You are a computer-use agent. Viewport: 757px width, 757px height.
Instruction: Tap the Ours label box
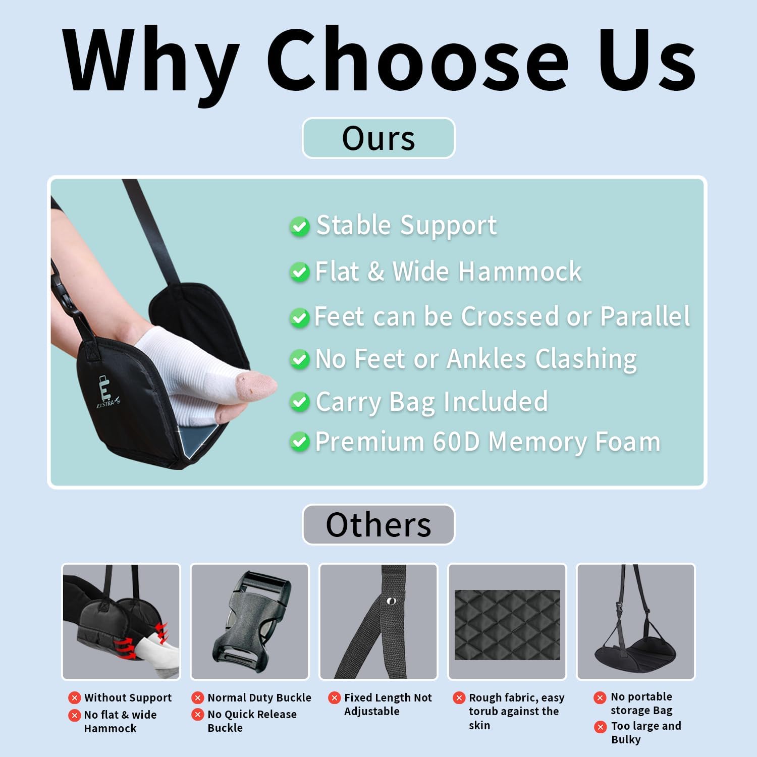pyautogui.click(x=379, y=138)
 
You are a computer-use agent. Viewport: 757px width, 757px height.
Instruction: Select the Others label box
pyautogui.click(x=379, y=525)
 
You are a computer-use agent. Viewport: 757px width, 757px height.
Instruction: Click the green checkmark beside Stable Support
pyautogui.click(x=300, y=227)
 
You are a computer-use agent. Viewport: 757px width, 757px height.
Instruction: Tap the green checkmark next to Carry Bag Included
pyautogui.click(x=300, y=402)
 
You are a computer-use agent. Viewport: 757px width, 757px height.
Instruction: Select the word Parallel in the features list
pyautogui.click(x=645, y=317)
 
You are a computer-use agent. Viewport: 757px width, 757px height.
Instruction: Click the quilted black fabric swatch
pyautogui.click(x=507, y=625)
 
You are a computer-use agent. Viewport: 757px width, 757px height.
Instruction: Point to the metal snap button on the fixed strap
pyautogui.click(x=390, y=601)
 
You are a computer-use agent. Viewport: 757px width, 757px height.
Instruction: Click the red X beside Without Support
pyautogui.click(x=75, y=698)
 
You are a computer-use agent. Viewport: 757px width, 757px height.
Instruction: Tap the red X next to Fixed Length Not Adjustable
pyautogui.click(x=334, y=698)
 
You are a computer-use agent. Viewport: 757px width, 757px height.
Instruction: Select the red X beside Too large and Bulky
pyautogui.click(x=600, y=727)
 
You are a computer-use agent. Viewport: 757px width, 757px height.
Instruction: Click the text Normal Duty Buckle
pyautogui.click(x=259, y=697)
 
